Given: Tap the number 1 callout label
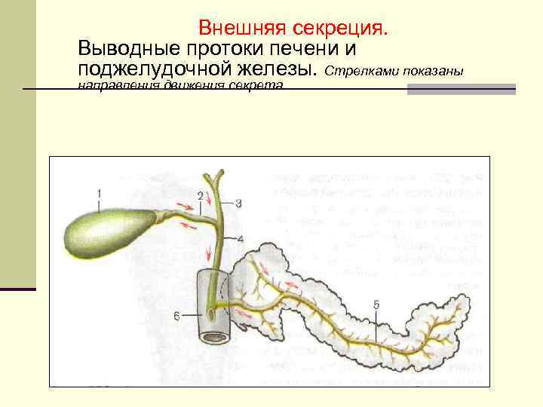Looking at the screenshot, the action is (100, 194).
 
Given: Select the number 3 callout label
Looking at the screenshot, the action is (238, 203).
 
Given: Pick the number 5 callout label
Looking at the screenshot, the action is (376, 304).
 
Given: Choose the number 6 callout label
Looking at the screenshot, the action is (176, 316).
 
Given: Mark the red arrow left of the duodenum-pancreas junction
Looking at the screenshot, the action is (241, 311).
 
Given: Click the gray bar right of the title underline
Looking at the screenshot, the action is (461, 89).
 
